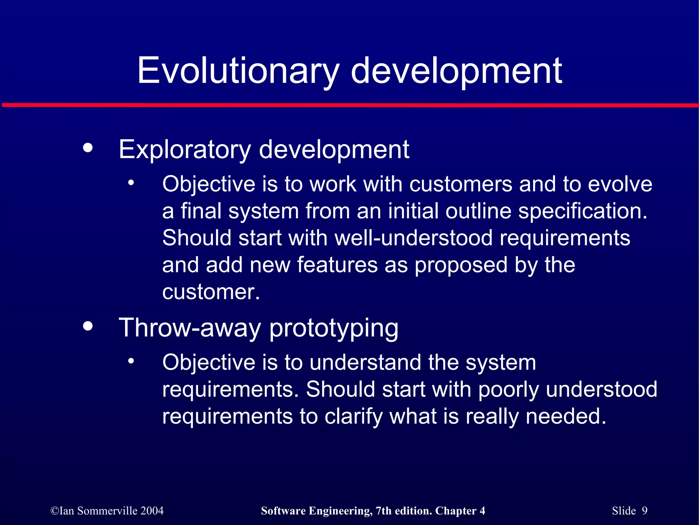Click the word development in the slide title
click(456, 71)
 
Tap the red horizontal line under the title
click(349, 105)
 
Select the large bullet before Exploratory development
click(88, 148)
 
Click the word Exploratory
click(185, 150)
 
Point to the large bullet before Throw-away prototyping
click(88, 326)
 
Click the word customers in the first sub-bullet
click(460, 184)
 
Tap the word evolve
click(620, 184)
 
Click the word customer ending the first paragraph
click(211, 292)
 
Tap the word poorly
click(508, 390)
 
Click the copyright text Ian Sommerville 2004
click(107, 511)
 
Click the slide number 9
click(644, 511)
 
